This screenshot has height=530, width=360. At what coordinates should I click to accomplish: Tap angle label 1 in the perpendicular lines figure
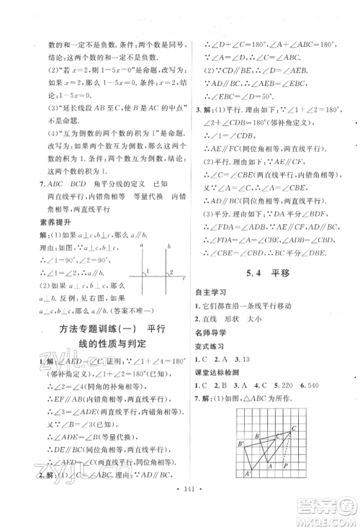tap(148, 273)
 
